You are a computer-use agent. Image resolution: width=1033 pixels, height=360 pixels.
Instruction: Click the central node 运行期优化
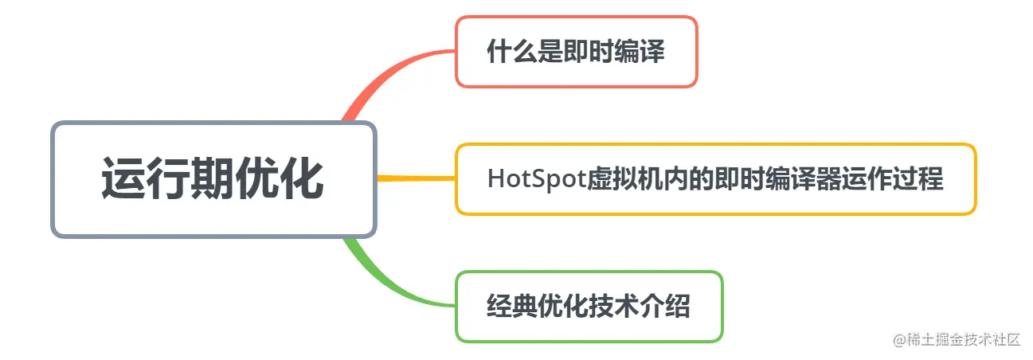pyautogui.click(x=213, y=179)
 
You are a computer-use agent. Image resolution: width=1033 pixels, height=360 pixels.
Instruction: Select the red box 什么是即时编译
pyautogui.click(x=576, y=52)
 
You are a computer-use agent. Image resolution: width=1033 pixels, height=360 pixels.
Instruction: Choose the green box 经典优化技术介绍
pyautogui.click(x=589, y=307)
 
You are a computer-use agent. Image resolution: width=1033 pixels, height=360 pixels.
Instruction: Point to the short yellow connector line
pyautogui.click(x=414, y=178)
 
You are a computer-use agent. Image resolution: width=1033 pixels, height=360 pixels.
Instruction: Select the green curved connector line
pyautogui.click(x=382, y=279)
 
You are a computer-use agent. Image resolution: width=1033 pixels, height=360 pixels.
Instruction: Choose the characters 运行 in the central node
pyautogui.click(x=129, y=179)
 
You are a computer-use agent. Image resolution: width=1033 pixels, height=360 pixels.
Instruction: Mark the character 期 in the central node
pyautogui.click(x=213, y=179)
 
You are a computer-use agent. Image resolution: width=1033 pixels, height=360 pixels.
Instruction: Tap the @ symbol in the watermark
pyautogui.click(x=900, y=340)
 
